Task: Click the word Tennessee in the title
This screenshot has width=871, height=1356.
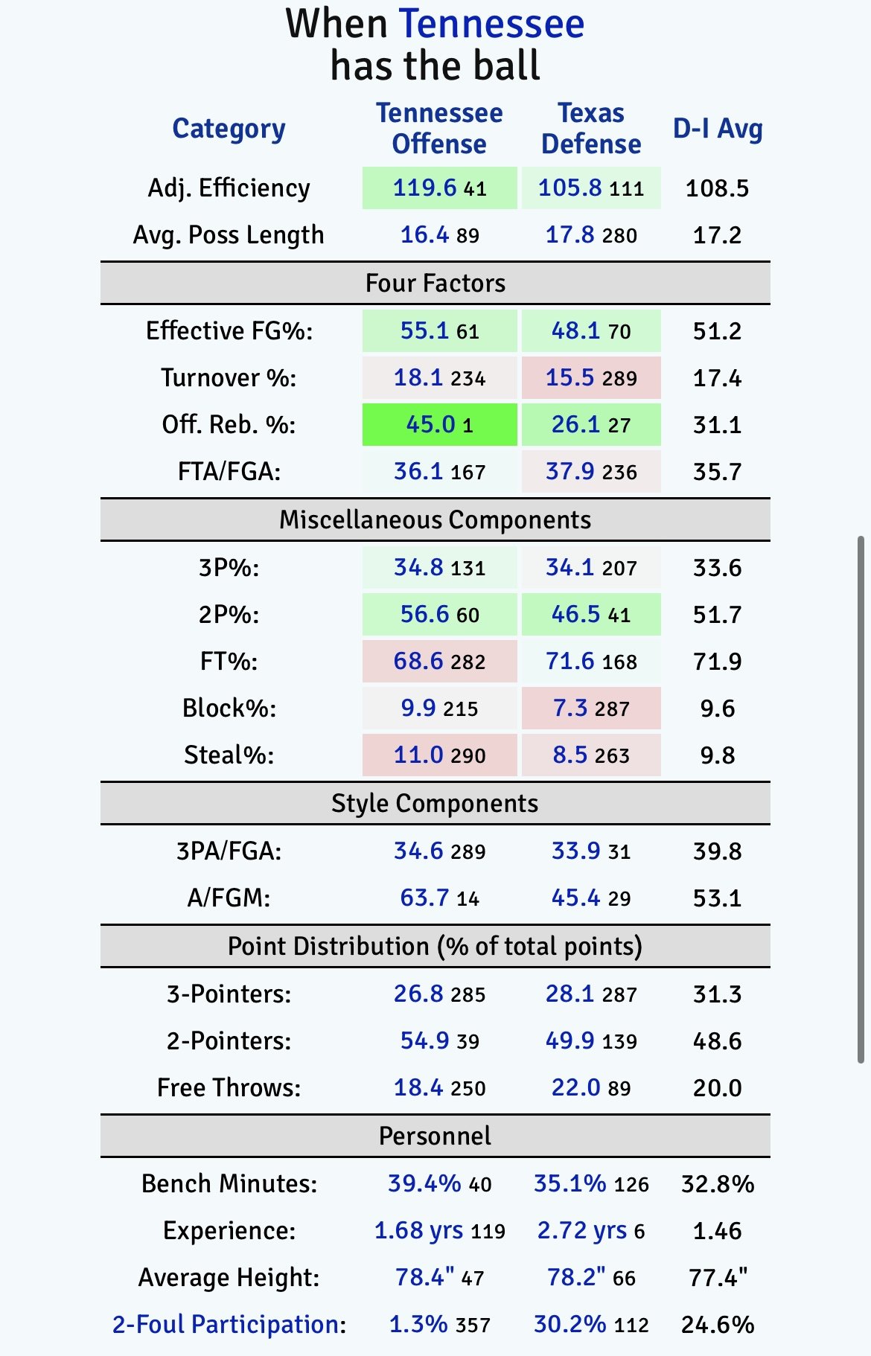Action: pos(491,24)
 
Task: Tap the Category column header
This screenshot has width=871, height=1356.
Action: pos(229,129)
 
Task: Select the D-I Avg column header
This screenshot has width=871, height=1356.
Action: pos(718,129)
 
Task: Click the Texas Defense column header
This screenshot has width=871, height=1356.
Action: pos(591,129)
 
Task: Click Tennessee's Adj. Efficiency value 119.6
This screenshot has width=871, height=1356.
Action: pos(424,188)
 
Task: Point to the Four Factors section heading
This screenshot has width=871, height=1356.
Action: pos(435,283)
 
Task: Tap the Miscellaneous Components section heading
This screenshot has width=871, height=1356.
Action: pos(435,519)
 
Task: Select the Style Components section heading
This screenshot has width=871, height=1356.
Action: pos(435,803)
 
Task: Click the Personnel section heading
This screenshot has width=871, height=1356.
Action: pos(435,1136)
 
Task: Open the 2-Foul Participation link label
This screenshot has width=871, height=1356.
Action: pos(229,1325)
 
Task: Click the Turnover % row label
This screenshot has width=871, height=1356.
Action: pos(229,377)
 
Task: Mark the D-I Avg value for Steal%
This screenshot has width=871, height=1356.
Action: pos(718,755)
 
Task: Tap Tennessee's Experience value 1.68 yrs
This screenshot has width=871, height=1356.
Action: pos(418,1230)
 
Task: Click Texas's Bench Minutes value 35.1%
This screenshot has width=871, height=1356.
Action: pos(570,1183)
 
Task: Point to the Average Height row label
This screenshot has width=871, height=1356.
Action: pos(229,1278)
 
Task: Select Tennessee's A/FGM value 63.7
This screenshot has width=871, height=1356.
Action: pos(424,898)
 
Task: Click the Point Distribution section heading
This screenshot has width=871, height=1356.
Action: pos(435,946)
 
